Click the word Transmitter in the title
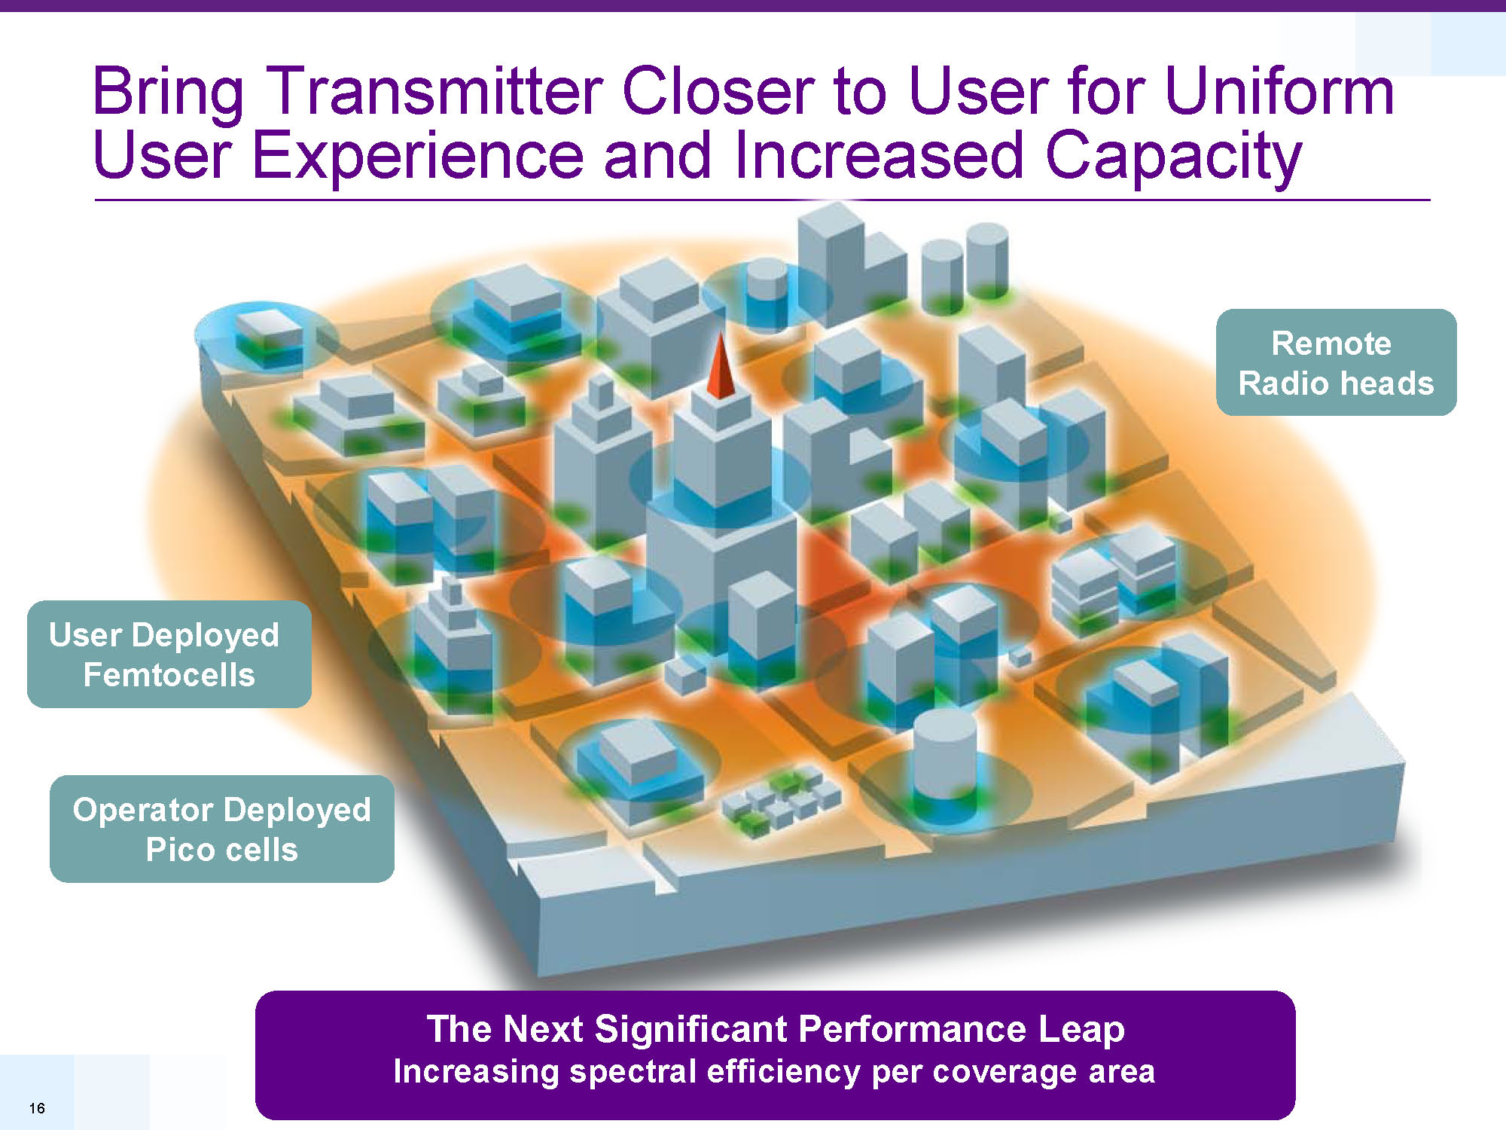pyautogui.click(x=434, y=91)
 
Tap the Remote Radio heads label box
pyautogui.click(x=1336, y=362)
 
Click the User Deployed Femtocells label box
pyautogui.click(x=169, y=654)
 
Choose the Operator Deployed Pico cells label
pyautogui.click(x=222, y=829)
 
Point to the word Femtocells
pyautogui.click(x=169, y=674)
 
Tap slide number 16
pyautogui.click(x=37, y=1107)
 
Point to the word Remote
pyautogui.click(x=1331, y=344)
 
